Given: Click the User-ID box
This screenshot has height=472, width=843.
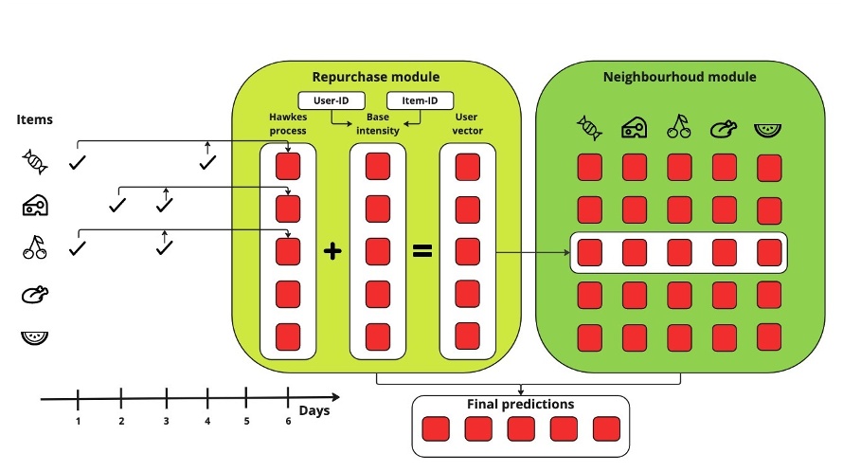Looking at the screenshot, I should [x=327, y=100].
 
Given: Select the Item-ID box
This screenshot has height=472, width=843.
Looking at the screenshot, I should [x=420, y=100].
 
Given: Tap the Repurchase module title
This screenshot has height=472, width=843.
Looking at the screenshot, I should [x=376, y=77].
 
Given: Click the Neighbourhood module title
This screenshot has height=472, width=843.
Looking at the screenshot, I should [x=679, y=77].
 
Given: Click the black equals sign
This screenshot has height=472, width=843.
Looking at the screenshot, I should [x=421, y=251].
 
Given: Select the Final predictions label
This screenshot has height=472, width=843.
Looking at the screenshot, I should [x=520, y=405].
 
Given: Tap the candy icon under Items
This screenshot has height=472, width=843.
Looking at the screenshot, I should [x=35, y=162].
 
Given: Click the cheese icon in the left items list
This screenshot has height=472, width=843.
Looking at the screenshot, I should [x=35, y=205].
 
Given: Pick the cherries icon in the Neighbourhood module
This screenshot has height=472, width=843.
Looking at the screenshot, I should [x=679, y=127].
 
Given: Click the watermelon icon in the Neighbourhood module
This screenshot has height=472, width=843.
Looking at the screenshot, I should [x=769, y=127].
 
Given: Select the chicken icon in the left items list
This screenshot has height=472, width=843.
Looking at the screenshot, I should [x=34, y=296].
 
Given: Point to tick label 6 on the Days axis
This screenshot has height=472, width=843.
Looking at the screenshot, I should [x=288, y=420].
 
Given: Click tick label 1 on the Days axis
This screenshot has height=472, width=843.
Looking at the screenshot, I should [x=78, y=420].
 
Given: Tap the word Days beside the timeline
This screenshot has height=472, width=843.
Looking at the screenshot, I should [x=314, y=410].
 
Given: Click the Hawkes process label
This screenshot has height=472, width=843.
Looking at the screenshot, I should [x=287, y=123].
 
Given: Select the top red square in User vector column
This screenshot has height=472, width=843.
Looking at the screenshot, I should [x=467, y=167].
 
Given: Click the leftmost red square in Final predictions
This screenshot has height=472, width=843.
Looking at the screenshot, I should [x=435, y=429].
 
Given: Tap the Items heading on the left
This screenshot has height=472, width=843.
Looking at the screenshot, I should [x=34, y=120].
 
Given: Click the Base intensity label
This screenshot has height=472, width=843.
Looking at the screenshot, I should [x=377, y=123].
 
